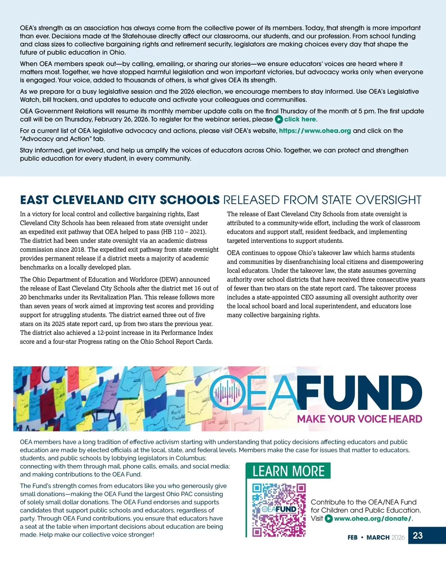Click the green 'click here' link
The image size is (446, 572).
click(300, 119)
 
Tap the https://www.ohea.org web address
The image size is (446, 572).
click(315, 131)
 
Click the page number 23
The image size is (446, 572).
click(418, 535)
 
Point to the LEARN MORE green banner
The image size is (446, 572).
click(288, 471)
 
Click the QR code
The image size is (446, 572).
click(279, 510)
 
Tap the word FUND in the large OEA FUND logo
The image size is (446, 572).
click(359, 394)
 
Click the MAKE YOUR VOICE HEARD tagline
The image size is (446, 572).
click(359, 419)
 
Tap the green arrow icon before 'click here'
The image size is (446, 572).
click(279, 120)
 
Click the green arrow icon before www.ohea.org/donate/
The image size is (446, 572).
click(329, 519)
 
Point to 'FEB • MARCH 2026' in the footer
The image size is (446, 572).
click(376, 537)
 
